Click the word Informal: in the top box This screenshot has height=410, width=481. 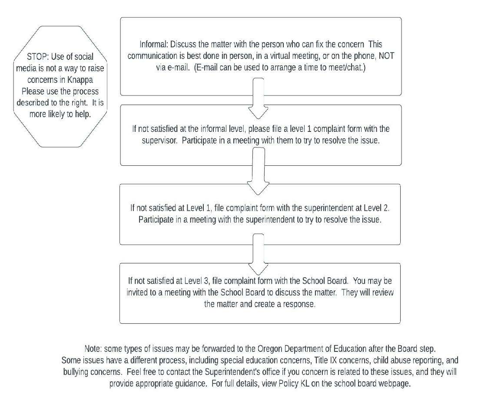(x=154, y=44)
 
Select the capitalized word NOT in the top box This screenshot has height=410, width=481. (x=386, y=56)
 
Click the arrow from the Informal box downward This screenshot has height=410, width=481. (x=259, y=98)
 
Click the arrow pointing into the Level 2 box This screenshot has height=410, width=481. (x=258, y=171)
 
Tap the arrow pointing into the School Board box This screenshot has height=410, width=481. (x=258, y=254)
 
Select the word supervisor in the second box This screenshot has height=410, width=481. (x=159, y=141)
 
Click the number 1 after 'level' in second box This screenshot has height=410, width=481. (x=309, y=128)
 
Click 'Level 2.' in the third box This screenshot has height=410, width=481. (x=377, y=208)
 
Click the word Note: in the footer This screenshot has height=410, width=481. (x=93, y=349)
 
